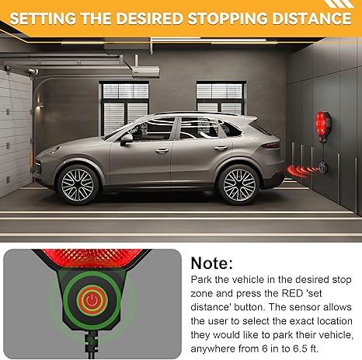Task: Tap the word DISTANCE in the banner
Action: tap(313, 19)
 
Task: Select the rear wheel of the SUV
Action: tap(238, 184)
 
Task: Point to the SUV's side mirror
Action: tap(127, 139)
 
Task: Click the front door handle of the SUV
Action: tap(162, 151)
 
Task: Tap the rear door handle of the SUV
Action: tap(221, 148)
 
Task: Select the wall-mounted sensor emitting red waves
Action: tap(323, 168)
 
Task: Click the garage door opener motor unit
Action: tap(145, 72)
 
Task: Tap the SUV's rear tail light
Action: tap(270, 145)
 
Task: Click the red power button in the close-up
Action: tap(92, 300)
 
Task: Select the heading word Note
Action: tap(212, 264)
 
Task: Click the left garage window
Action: tap(124, 107)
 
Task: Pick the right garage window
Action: tap(221, 98)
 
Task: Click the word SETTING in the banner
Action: tap(43, 19)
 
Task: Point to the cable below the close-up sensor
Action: tap(92, 345)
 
